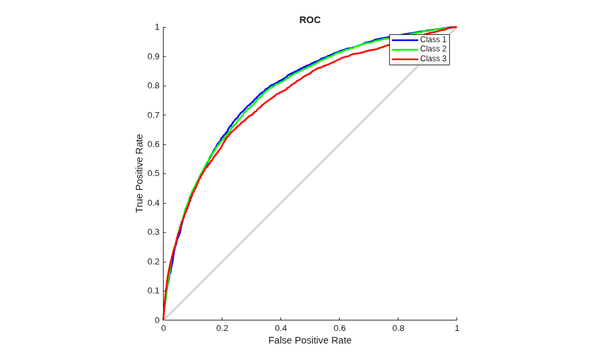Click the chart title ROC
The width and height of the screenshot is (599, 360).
click(310, 20)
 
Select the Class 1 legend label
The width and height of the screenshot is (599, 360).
click(433, 40)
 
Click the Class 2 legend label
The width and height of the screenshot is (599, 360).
click(433, 49)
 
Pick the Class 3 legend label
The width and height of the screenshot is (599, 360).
click(433, 59)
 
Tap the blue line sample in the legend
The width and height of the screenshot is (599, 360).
click(405, 40)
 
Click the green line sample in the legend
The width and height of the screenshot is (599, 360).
click(405, 49)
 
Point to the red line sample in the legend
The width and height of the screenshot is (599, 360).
click(405, 59)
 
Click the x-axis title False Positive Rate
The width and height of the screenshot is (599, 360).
click(310, 340)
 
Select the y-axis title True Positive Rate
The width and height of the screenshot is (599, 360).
click(139, 173)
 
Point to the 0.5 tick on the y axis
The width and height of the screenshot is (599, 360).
click(154, 173)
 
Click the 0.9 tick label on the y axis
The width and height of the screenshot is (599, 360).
click(154, 57)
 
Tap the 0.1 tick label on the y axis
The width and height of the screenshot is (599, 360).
click(154, 291)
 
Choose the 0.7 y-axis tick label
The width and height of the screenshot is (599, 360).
click(154, 115)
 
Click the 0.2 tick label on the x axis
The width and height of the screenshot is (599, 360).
click(222, 328)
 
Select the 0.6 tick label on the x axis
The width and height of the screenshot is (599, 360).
click(339, 328)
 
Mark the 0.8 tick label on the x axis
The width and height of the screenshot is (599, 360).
click(398, 328)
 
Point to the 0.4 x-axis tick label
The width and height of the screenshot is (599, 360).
click(281, 328)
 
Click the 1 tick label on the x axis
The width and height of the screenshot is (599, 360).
click(457, 328)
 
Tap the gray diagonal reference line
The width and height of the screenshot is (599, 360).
click(310, 173)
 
